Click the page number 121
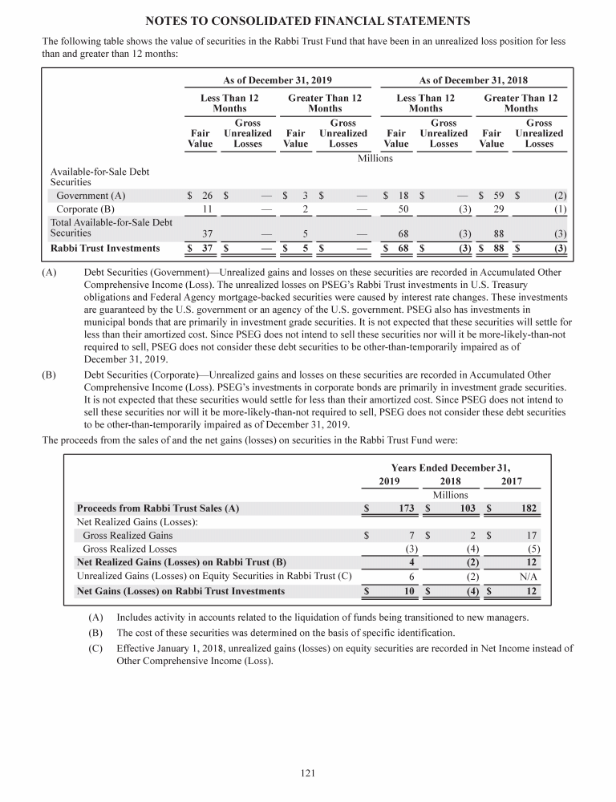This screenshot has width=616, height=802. [x=308, y=773]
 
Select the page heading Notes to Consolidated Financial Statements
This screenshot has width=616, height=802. [x=308, y=19]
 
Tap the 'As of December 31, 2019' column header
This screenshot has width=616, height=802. [x=277, y=80]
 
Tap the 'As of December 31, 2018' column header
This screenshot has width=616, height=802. [x=473, y=80]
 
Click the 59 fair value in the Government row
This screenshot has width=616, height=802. [x=498, y=195]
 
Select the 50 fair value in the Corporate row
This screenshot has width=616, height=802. [x=403, y=209]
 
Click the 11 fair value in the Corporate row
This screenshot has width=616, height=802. [x=206, y=209]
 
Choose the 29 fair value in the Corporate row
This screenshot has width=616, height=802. [x=498, y=209]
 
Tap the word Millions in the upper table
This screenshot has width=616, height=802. [x=375, y=159]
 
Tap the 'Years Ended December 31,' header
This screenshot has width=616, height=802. [x=450, y=467]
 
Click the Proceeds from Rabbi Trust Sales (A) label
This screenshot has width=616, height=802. [x=157, y=508]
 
